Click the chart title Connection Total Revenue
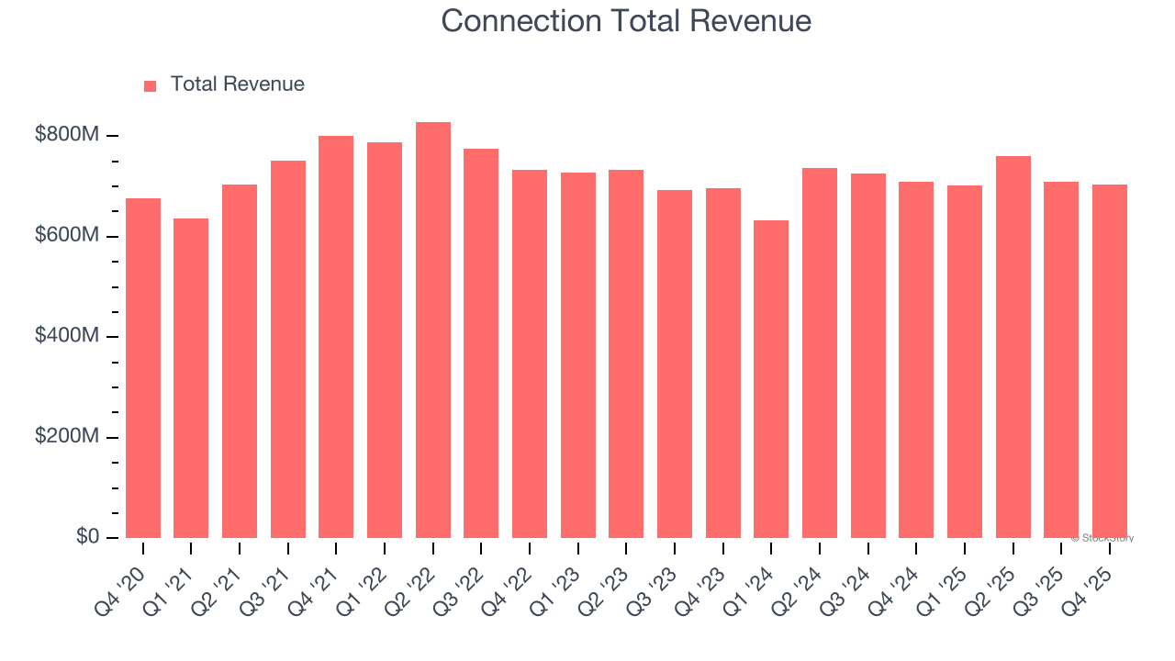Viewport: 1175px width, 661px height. pos(626,21)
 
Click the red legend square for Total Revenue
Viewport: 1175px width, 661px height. pos(151,85)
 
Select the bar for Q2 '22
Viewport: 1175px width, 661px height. pos(433,330)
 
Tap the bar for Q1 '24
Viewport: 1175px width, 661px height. pos(771,379)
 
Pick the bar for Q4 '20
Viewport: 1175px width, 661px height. pos(143,368)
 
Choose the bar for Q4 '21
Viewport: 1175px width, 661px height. pos(336,337)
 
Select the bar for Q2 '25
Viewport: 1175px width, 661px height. pos(1013,347)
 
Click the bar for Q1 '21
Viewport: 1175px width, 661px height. pos(191,378)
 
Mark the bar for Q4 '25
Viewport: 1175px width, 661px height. pos(1109,362)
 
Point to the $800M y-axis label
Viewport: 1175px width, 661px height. pos(67,135)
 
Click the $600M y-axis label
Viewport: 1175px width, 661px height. pos(67,236)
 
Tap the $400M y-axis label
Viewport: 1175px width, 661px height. pos(67,336)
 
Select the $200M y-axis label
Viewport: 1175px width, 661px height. pos(67,437)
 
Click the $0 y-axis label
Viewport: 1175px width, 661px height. pos(86,536)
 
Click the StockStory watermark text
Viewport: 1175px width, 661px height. pos(1102,538)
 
